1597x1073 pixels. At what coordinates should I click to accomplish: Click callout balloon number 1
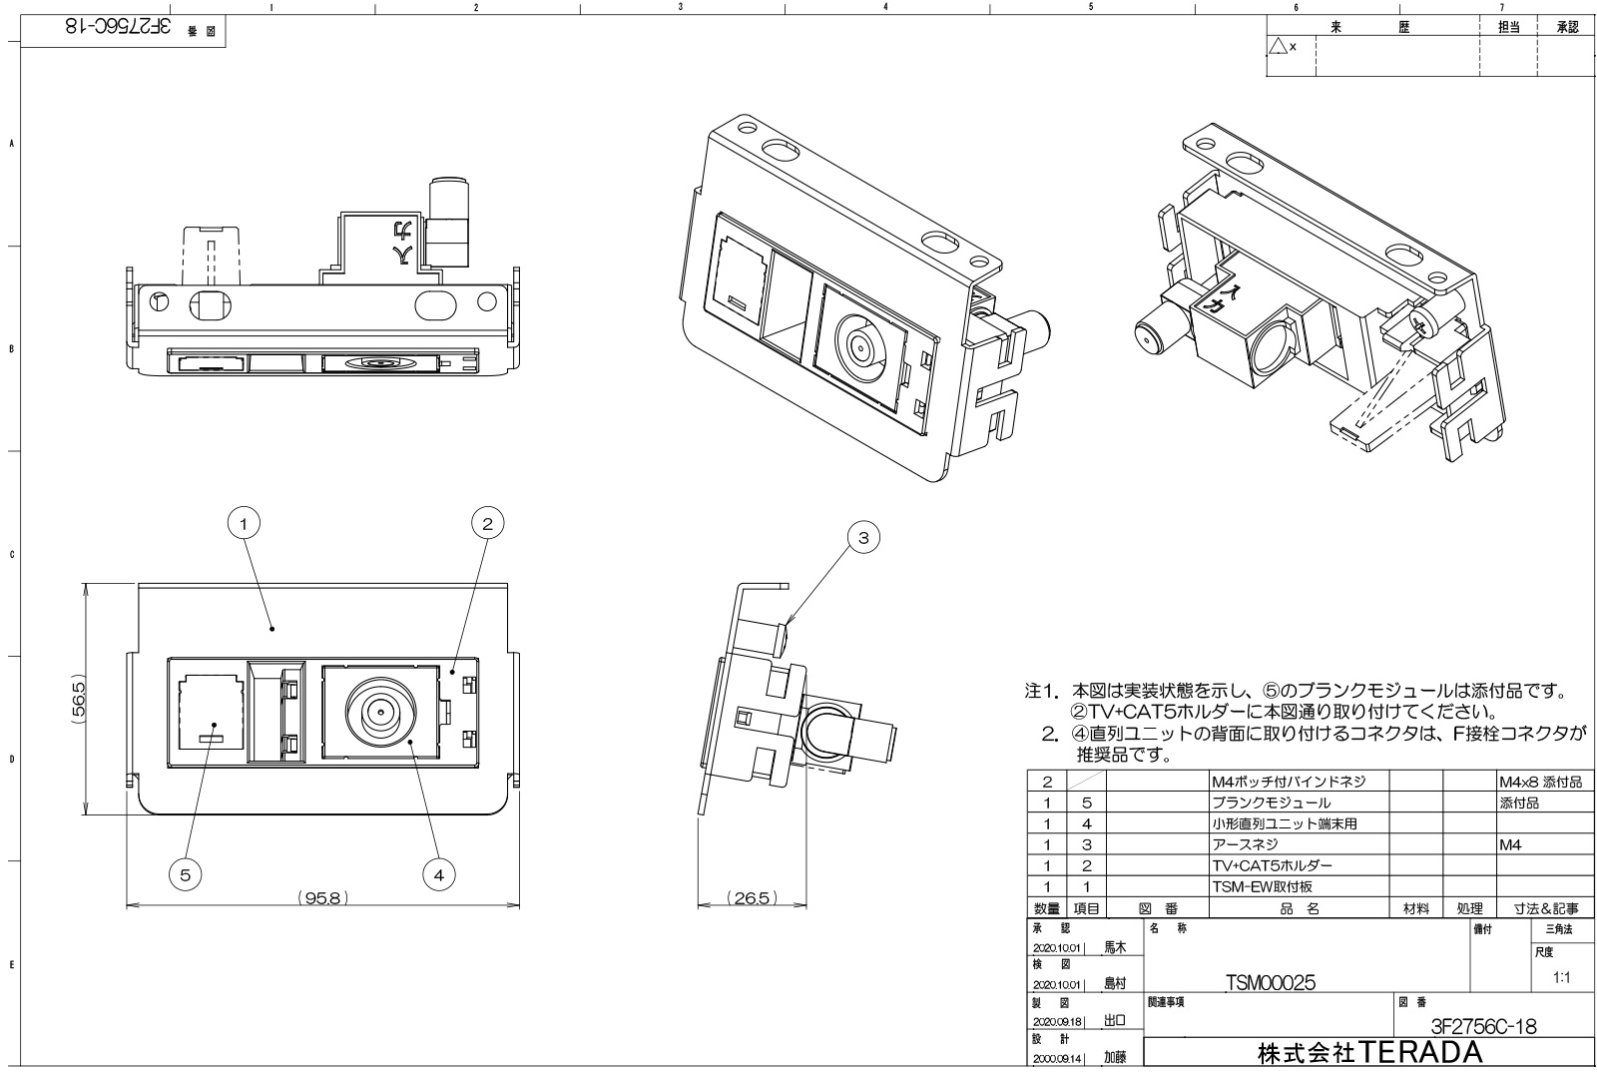245,521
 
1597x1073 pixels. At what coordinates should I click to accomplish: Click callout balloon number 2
487,521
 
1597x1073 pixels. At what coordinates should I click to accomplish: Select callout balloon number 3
863,538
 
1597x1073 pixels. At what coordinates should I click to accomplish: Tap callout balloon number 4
437,874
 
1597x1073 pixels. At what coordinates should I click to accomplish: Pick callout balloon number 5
185,874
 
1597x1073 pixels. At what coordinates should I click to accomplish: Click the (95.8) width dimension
322,897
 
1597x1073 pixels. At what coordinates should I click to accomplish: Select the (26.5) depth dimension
751,897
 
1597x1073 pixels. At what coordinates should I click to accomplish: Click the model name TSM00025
1270,983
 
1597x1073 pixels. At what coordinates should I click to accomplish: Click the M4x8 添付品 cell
1539,782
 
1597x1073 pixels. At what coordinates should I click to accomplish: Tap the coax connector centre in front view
379,711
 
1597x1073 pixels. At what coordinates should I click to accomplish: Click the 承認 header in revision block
1567,28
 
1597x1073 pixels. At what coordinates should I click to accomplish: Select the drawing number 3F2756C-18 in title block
1482,1026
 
